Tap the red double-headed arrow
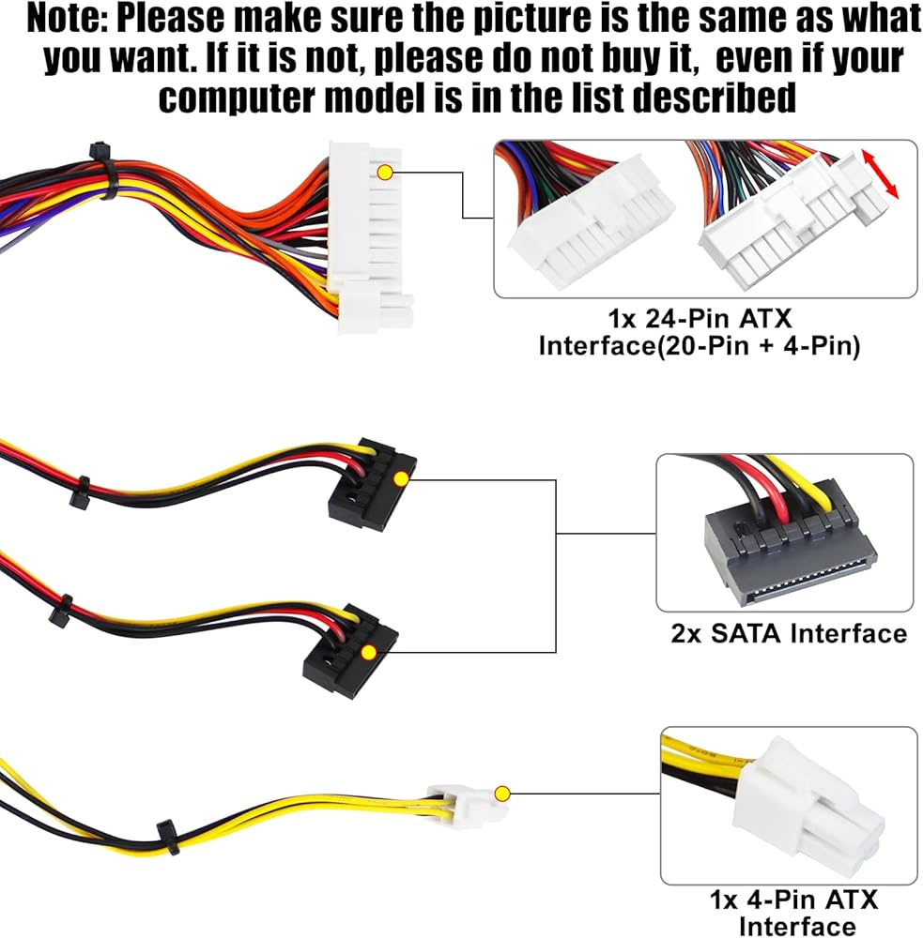pos(880,174)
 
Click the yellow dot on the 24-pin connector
pos(385,173)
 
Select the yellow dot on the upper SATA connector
pos(401,478)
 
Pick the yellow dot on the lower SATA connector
pos(369,652)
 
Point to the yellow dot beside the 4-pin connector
pos(502,794)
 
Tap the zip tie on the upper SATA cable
pos(80,492)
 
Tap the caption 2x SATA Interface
pos(788,633)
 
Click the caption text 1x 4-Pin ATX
pos(793,900)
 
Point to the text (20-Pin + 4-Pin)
pos(759,346)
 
